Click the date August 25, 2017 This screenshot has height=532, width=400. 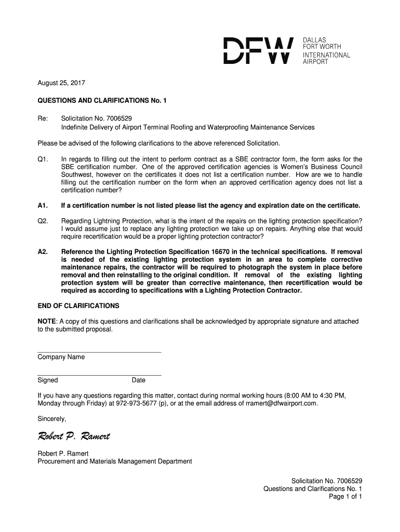(x=61, y=83)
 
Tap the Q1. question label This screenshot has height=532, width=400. (x=43, y=159)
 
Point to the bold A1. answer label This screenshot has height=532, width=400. (x=43, y=205)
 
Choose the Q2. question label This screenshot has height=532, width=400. (x=43, y=221)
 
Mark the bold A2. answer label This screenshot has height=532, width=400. (x=43, y=251)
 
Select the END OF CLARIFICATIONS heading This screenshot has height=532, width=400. (x=78, y=306)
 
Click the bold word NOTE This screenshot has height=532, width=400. (x=47, y=322)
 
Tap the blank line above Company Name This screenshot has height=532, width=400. (x=99, y=352)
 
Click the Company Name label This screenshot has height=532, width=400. (x=61, y=357)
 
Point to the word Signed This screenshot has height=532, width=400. (x=48, y=380)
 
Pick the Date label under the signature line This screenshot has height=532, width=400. (x=139, y=380)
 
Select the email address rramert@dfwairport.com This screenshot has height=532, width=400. (x=281, y=403)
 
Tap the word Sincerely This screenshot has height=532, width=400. (x=52, y=419)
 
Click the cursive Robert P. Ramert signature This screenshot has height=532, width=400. (x=73, y=436)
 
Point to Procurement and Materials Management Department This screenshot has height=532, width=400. (x=115, y=461)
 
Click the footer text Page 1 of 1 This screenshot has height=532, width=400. (x=345, y=497)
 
